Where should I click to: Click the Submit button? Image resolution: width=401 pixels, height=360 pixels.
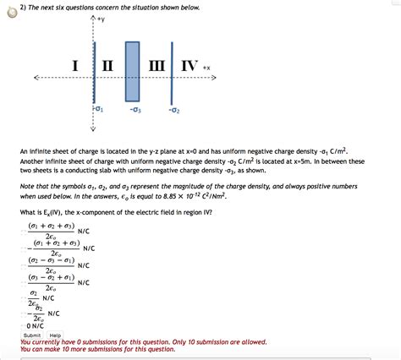tap(31, 335)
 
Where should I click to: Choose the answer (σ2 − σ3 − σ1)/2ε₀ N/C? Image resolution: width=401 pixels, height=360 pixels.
tap(58, 266)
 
